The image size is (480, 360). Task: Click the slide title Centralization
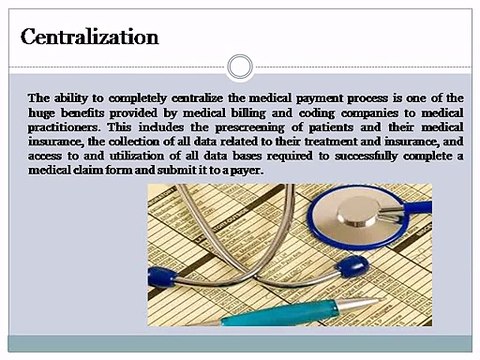[x=90, y=39]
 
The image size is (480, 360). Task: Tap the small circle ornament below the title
[x=239, y=68]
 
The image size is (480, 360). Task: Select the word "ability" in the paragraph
[x=72, y=98]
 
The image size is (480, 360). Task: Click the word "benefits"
[x=90, y=113]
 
